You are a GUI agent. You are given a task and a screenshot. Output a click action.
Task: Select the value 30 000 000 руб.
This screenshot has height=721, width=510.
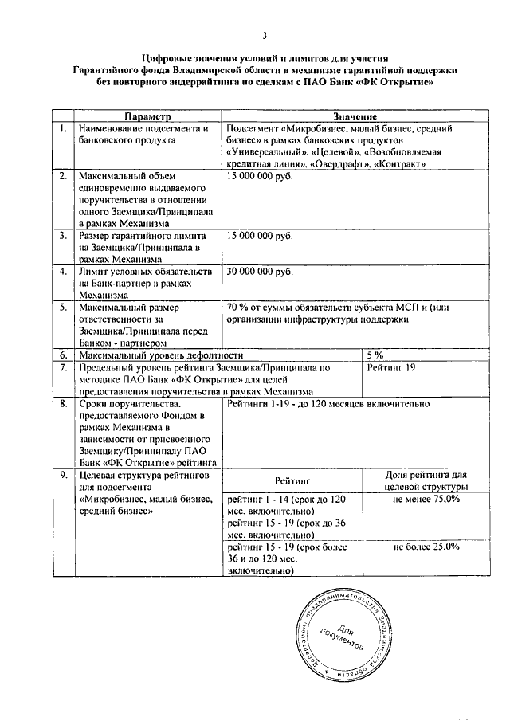coord(259,271)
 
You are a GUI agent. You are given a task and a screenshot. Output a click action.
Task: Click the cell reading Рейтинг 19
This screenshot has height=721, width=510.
coord(392,367)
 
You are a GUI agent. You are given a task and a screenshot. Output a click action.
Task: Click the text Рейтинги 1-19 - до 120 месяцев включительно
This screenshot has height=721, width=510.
coord(328,404)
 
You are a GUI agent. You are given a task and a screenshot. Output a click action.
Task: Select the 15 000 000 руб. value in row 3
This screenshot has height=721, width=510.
coord(259,236)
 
